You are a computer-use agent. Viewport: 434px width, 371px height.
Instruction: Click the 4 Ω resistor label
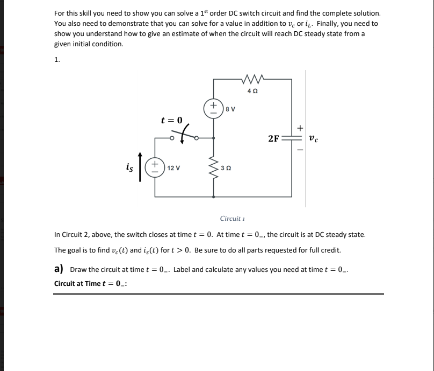(x=252, y=92)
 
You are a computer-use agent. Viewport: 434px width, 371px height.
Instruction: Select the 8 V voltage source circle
(x=213, y=107)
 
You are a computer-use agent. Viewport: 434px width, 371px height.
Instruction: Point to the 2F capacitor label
(x=273, y=138)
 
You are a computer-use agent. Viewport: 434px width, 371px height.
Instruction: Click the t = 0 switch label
(x=172, y=120)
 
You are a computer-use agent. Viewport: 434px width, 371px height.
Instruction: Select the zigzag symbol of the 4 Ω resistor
(x=252, y=80)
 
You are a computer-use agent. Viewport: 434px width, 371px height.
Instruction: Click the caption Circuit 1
(x=232, y=219)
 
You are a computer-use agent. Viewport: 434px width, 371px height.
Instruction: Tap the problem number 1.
(x=57, y=59)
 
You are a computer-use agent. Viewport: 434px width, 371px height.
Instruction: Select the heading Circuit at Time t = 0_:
(x=91, y=284)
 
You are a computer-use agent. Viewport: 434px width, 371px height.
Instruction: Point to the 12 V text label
(x=173, y=167)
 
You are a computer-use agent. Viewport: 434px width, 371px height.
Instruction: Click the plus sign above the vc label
(x=301, y=128)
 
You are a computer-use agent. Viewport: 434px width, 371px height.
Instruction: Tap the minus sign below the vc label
(x=301, y=150)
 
